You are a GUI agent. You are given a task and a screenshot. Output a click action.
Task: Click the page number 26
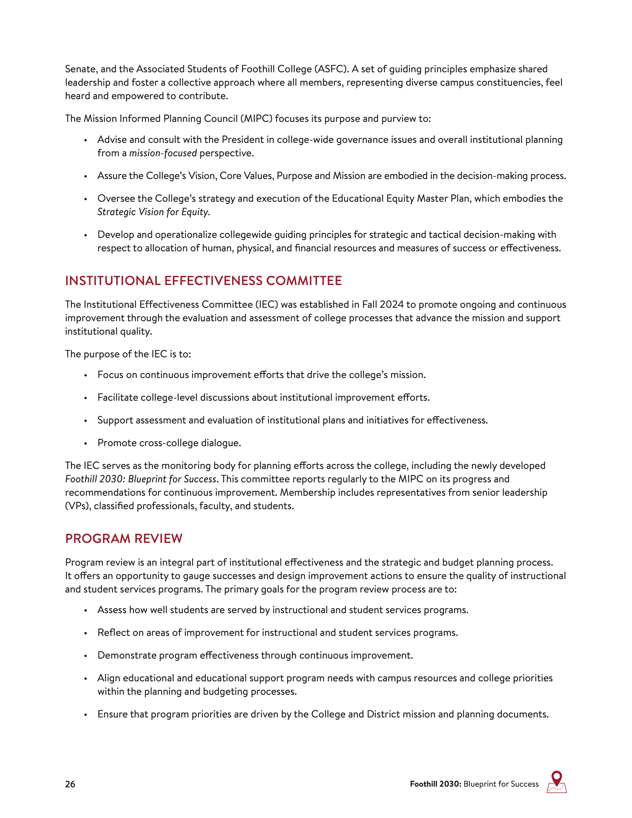point(70,784)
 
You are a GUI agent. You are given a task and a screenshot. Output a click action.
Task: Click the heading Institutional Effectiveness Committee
point(203,281)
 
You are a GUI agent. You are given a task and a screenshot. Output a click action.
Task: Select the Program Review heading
point(124,538)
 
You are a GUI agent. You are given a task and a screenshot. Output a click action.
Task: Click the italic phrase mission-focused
point(163,153)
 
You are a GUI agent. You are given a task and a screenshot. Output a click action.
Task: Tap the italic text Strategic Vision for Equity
point(154,212)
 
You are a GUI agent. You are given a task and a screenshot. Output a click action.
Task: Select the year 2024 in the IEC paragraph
point(392,304)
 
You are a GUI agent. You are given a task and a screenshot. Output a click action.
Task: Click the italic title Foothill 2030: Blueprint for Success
point(141,479)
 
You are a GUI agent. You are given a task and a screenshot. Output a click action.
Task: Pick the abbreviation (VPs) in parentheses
point(78,506)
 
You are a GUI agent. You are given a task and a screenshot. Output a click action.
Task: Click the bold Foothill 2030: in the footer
point(435,784)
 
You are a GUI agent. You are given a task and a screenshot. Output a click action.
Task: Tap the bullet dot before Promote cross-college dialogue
point(86,443)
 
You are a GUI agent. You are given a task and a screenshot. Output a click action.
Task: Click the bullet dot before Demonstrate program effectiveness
point(86,656)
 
